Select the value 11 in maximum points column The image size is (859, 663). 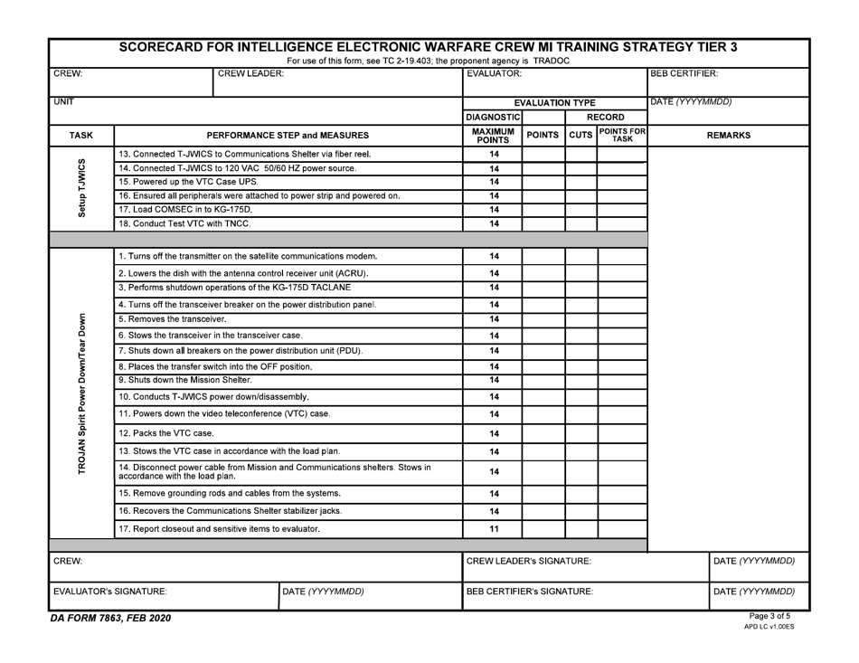click(x=494, y=527)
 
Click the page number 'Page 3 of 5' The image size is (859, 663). click(x=775, y=616)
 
